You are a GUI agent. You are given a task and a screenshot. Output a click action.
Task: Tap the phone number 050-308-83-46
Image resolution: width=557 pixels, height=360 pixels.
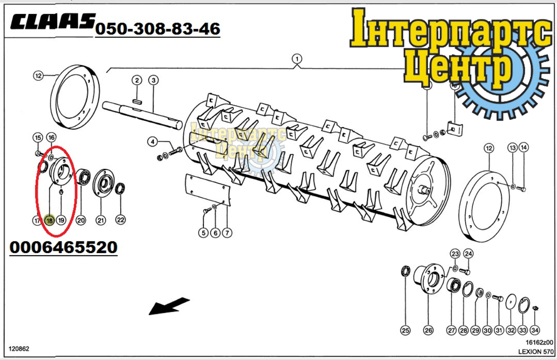pyautogui.click(x=158, y=28)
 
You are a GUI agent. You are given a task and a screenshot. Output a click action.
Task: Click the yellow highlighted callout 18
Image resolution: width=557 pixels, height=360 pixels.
pyautogui.click(x=49, y=221)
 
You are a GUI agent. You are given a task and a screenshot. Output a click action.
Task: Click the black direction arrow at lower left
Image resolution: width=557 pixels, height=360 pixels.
pyautogui.click(x=169, y=306)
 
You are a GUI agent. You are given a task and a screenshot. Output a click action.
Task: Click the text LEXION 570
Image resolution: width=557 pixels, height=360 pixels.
pyautogui.click(x=536, y=352)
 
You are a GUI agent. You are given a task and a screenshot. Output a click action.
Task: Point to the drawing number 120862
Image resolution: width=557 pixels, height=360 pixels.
pyautogui.click(x=18, y=349)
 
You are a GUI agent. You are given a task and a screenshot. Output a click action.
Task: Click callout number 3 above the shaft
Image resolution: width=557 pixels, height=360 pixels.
pyautogui.click(x=153, y=80)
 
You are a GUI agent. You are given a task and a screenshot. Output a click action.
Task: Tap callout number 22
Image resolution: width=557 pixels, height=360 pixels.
pyautogui.click(x=120, y=221)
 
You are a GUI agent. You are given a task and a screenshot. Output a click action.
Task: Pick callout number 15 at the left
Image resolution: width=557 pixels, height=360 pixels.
pyautogui.click(x=37, y=138)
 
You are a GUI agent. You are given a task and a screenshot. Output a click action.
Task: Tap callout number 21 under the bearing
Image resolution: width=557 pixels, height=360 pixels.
pyautogui.click(x=101, y=221)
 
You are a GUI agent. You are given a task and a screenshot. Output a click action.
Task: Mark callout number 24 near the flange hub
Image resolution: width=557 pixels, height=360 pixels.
pyautogui.click(x=468, y=254)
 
